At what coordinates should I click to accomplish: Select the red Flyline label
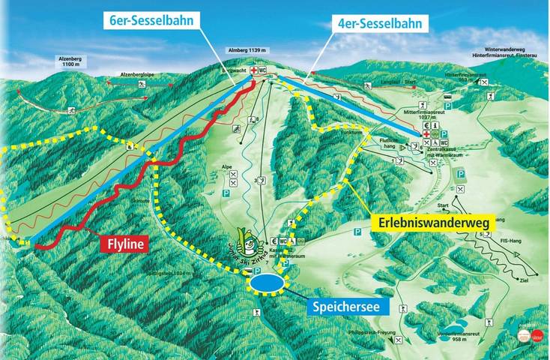[x=124, y=244]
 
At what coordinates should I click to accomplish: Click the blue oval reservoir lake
[x=268, y=283]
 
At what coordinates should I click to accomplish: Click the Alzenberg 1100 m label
[x=71, y=61]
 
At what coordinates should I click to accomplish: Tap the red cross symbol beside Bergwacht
[x=256, y=70]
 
